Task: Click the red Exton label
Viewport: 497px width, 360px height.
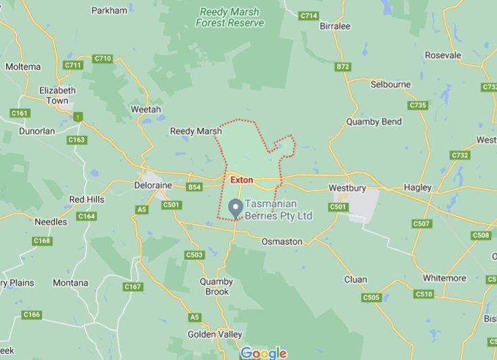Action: coord(241,180)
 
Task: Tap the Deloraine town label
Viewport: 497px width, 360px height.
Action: coord(153,185)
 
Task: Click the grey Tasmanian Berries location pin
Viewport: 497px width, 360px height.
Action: coord(236,208)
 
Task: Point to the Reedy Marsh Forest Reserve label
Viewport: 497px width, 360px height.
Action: coord(230,18)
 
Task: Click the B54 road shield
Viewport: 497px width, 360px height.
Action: coord(195,187)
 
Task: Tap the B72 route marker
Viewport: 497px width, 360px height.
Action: coord(343,67)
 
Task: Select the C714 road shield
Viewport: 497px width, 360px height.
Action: coord(309,16)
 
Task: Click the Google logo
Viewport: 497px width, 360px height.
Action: coord(263,353)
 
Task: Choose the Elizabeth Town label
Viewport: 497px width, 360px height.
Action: coord(58,95)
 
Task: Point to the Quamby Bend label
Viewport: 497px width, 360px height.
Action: coord(373,122)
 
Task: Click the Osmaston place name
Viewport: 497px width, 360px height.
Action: coord(282,242)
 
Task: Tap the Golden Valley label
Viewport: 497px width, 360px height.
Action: coord(217,334)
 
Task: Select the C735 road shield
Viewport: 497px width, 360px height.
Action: coord(418,106)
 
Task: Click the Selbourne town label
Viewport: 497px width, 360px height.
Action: coord(391,85)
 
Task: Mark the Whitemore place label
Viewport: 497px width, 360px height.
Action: coord(444,278)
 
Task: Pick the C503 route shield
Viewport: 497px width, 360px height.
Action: coord(194,254)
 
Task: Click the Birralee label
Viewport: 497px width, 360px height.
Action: coord(334,26)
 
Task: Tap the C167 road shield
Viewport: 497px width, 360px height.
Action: coord(133,287)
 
